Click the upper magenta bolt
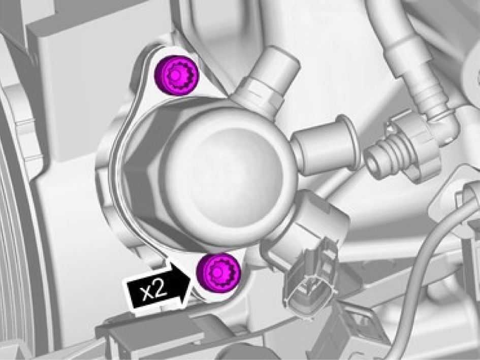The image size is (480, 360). pos(176,76)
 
